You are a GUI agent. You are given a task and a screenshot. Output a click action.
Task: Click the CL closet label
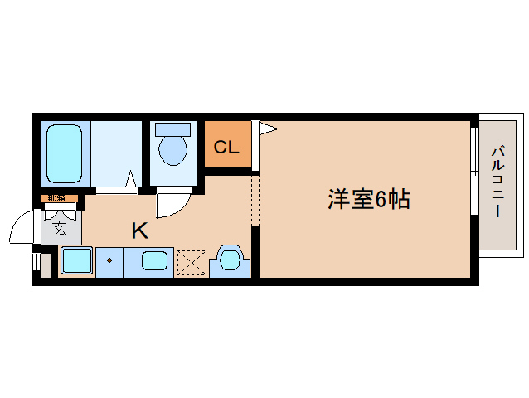tap(226, 148)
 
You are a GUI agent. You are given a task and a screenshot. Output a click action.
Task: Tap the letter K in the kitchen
tap(139, 231)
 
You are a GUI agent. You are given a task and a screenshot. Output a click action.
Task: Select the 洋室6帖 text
tap(369, 199)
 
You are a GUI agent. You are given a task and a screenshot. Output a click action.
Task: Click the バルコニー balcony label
tap(497, 182)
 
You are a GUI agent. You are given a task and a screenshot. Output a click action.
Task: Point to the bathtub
tap(63, 153)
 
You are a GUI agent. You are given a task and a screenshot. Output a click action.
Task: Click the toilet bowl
tap(173, 150)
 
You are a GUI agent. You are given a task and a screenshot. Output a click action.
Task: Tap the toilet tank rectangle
tap(173, 129)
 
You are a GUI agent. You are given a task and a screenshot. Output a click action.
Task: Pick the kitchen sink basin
tap(154, 261)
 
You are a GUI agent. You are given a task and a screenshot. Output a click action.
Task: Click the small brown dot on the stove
tap(109, 260)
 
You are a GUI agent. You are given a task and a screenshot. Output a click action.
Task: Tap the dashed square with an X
tap(191, 263)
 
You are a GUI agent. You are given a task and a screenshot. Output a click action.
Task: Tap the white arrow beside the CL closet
tap(268, 128)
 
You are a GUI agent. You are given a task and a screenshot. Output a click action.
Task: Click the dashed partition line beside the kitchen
tap(255, 199)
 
